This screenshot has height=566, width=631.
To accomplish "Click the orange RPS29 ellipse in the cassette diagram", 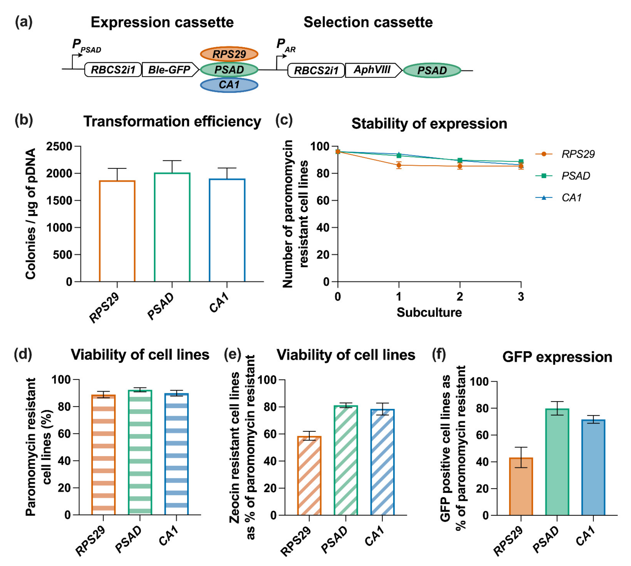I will pos(229,54).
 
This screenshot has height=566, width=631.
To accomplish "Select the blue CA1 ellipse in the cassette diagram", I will pos(229,85).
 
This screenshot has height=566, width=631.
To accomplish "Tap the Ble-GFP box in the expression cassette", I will pos(169,70).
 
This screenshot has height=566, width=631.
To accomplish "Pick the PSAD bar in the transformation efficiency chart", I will pos(172,227).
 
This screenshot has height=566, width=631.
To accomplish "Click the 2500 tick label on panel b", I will pos(59,146).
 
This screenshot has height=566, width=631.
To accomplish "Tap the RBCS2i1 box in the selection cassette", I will pos(316,70).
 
